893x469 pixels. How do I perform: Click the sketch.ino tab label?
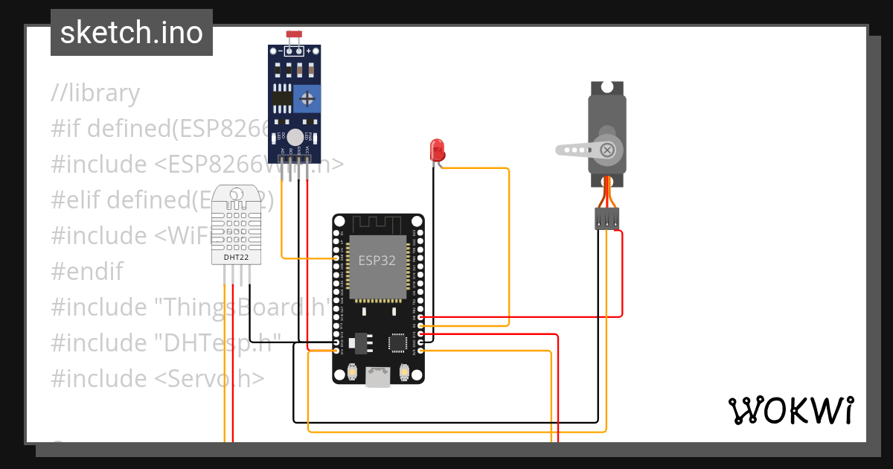131,33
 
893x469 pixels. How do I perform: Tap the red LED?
437,150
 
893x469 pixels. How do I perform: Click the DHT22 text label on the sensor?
236,258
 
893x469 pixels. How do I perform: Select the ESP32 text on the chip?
377,261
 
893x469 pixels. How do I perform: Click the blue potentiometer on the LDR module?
307,98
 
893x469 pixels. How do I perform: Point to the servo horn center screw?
608,150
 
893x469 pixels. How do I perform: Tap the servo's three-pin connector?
607,219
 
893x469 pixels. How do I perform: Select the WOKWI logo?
790,410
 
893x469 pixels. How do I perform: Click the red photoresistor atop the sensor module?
293,36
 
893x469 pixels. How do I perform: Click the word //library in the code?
95,93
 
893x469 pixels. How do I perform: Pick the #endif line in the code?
87,271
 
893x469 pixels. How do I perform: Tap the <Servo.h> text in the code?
209,378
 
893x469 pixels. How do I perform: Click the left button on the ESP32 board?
353,370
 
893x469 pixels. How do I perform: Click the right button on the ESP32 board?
404,370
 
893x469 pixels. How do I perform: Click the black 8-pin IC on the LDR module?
282,98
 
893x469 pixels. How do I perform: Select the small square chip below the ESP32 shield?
397,342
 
